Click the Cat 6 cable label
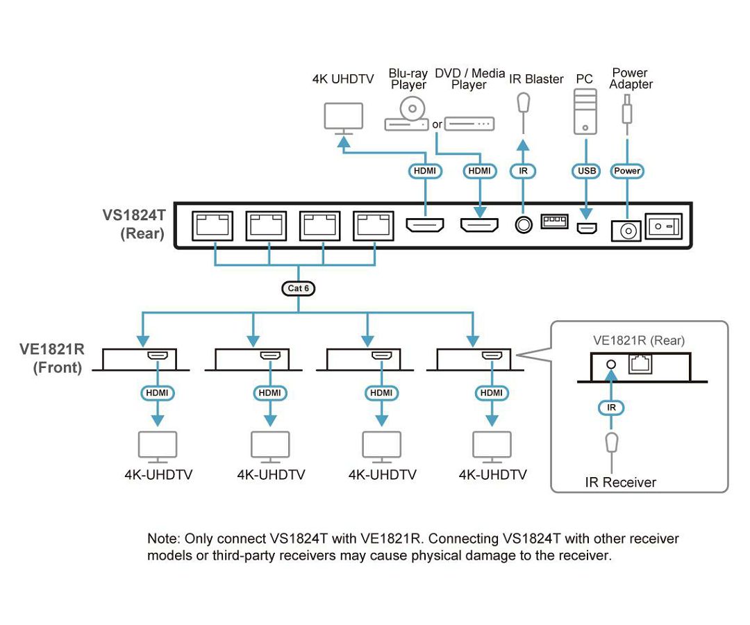(298, 287)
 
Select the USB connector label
(585, 171)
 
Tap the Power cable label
(627, 171)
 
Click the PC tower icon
(585, 110)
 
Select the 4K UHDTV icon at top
(344, 117)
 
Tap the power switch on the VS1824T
(664, 226)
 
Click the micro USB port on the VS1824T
(587, 228)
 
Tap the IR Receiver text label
(620, 482)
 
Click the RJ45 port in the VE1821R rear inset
(640, 364)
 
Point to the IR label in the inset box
(611, 407)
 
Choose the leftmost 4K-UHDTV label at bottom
(158, 475)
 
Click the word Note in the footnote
(162, 539)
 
